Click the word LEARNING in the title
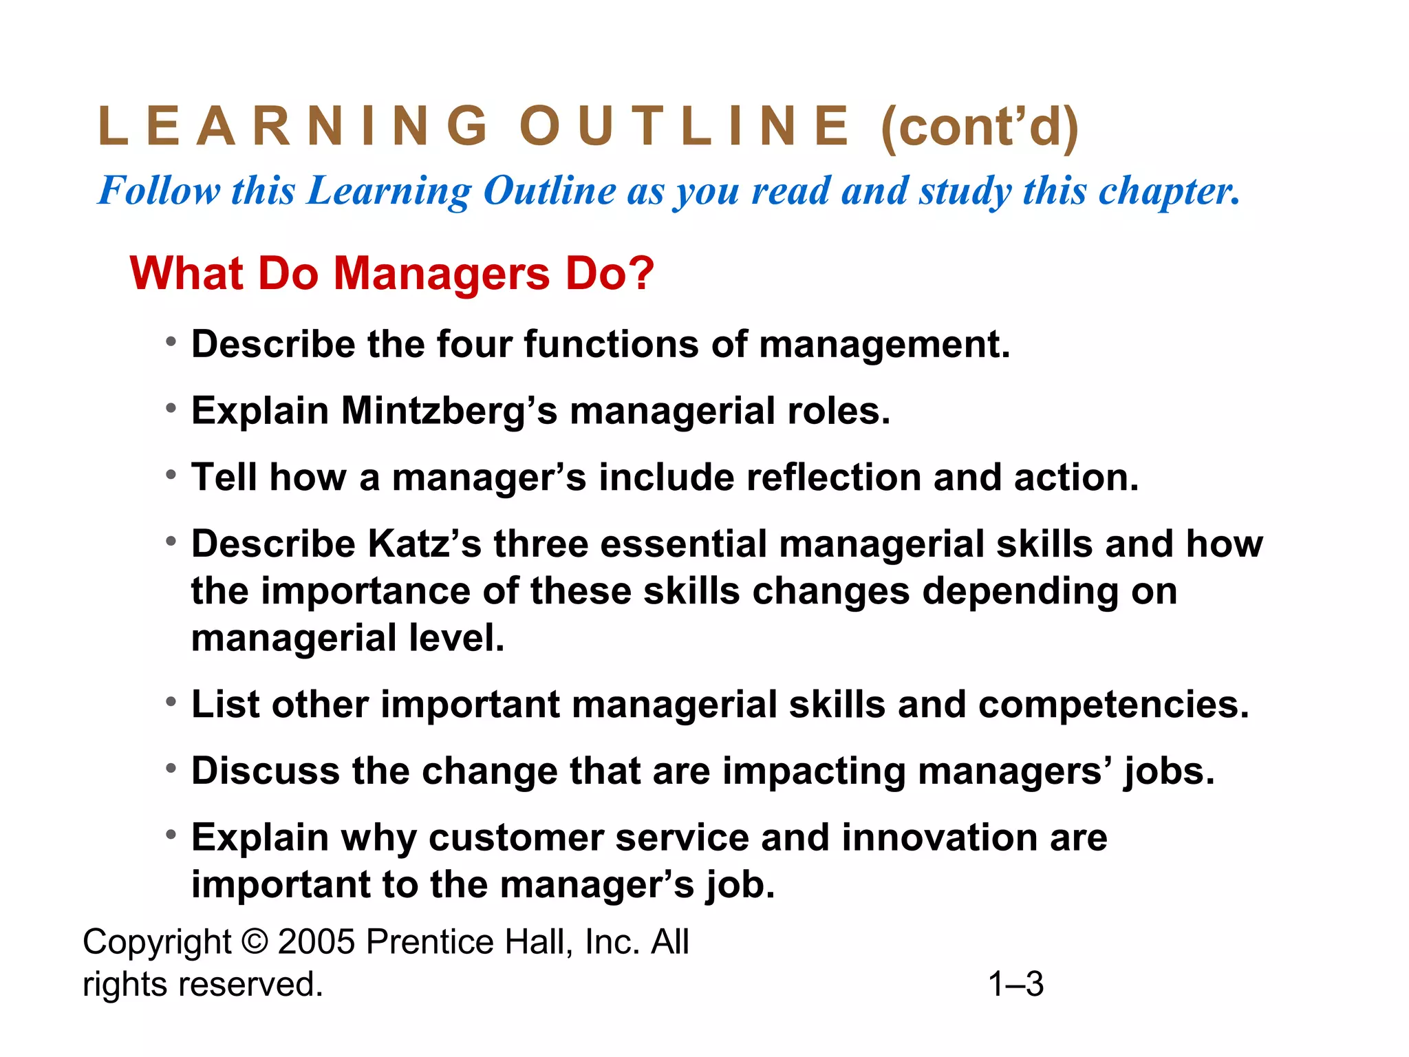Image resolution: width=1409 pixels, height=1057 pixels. pyautogui.click(x=293, y=127)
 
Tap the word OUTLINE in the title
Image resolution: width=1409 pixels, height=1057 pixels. pyautogui.click(x=685, y=127)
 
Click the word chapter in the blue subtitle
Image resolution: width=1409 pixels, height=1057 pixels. pyautogui.click(x=1169, y=191)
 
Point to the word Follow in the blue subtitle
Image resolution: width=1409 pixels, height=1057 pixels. pyautogui.click(x=159, y=191)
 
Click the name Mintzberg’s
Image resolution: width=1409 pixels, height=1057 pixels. pyautogui.click(x=449, y=411)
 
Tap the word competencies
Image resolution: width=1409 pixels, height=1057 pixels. pyautogui.click(x=1112, y=705)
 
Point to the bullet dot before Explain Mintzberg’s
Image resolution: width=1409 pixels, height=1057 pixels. pyautogui.click(x=171, y=408)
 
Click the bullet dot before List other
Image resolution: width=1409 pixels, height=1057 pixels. pyautogui.click(x=171, y=702)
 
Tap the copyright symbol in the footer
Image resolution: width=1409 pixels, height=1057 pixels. pyautogui.click(x=255, y=941)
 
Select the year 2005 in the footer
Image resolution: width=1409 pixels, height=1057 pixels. pyautogui.click(x=316, y=941)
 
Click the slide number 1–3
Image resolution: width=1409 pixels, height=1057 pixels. pyautogui.click(x=1015, y=984)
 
